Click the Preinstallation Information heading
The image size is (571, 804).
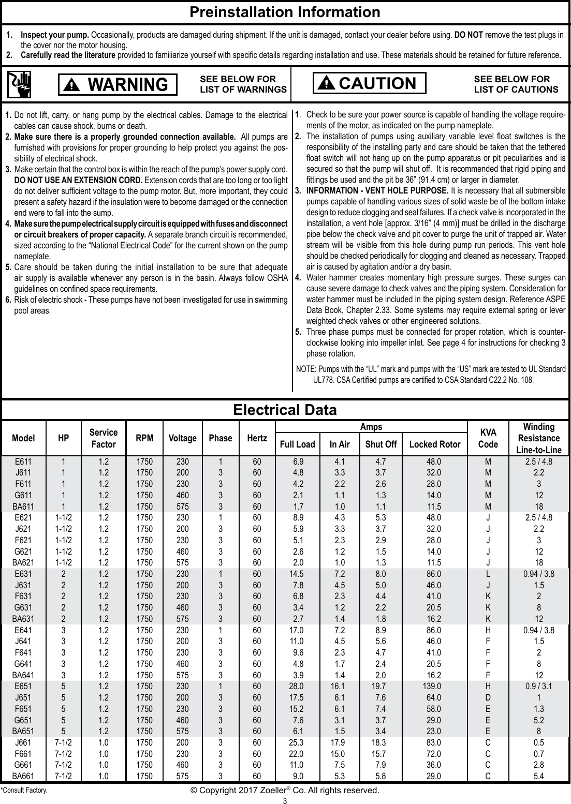coord(285,12)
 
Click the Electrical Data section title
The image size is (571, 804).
coord(285,410)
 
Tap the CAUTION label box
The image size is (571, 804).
coord(369,83)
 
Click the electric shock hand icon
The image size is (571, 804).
coord(19,84)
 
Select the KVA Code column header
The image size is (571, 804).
coord(488,439)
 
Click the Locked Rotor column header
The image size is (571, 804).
coord(434,444)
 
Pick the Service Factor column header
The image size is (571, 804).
coord(104,438)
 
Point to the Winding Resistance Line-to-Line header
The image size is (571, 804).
coord(539,439)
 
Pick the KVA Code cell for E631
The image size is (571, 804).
coord(488,574)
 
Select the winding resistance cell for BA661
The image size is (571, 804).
coord(539,776)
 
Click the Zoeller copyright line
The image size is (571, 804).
coord(285,791)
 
